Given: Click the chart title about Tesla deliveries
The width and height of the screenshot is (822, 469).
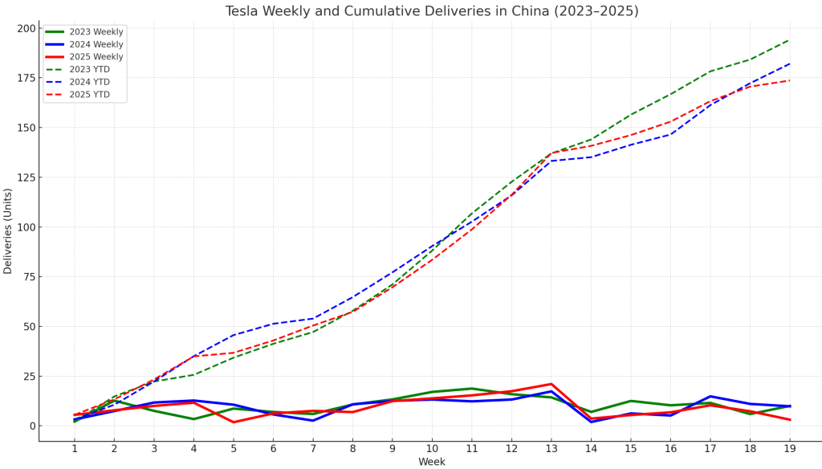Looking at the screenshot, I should [x=432, y=11].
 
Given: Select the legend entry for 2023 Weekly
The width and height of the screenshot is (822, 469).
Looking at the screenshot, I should [x=96, y=32].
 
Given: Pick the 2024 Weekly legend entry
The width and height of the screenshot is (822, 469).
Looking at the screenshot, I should [x=96, y=45].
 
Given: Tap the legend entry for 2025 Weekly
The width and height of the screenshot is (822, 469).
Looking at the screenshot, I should [x=96, y=57].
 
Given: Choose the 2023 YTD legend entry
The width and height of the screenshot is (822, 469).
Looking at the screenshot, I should [x=89, y=70].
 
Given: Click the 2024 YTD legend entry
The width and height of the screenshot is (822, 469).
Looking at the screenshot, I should [x=89, y=82].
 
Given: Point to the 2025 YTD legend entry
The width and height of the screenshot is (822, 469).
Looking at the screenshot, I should [x=89, y=95].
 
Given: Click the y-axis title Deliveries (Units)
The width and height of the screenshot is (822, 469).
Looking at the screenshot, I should [x=8, y=231].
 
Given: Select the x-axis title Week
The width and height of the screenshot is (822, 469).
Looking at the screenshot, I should [x=432, y=462].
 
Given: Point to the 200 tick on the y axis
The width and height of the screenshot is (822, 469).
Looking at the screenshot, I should [x=26, y=28].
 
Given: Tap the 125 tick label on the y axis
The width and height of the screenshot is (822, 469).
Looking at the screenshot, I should [x=26, y=177].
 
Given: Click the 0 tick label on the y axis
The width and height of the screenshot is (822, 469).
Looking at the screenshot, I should [x=31, y=426].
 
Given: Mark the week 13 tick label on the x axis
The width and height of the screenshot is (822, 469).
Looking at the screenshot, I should [x=551, y=448].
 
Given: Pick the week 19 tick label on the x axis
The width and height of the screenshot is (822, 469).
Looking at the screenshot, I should [x=789, y=448].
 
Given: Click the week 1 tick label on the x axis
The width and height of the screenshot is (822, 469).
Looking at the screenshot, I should [x=75, y=448].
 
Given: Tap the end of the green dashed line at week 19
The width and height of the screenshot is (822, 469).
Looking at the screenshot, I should [x=789, y=39].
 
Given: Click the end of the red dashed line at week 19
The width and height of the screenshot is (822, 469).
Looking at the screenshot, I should [x=789, y=80].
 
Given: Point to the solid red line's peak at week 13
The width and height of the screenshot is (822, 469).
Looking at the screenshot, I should [x=551, y=384].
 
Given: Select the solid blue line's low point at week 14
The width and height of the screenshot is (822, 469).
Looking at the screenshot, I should [x=591, y=422].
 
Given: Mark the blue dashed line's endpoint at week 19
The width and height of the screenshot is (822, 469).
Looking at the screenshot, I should [x=789, y=63].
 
